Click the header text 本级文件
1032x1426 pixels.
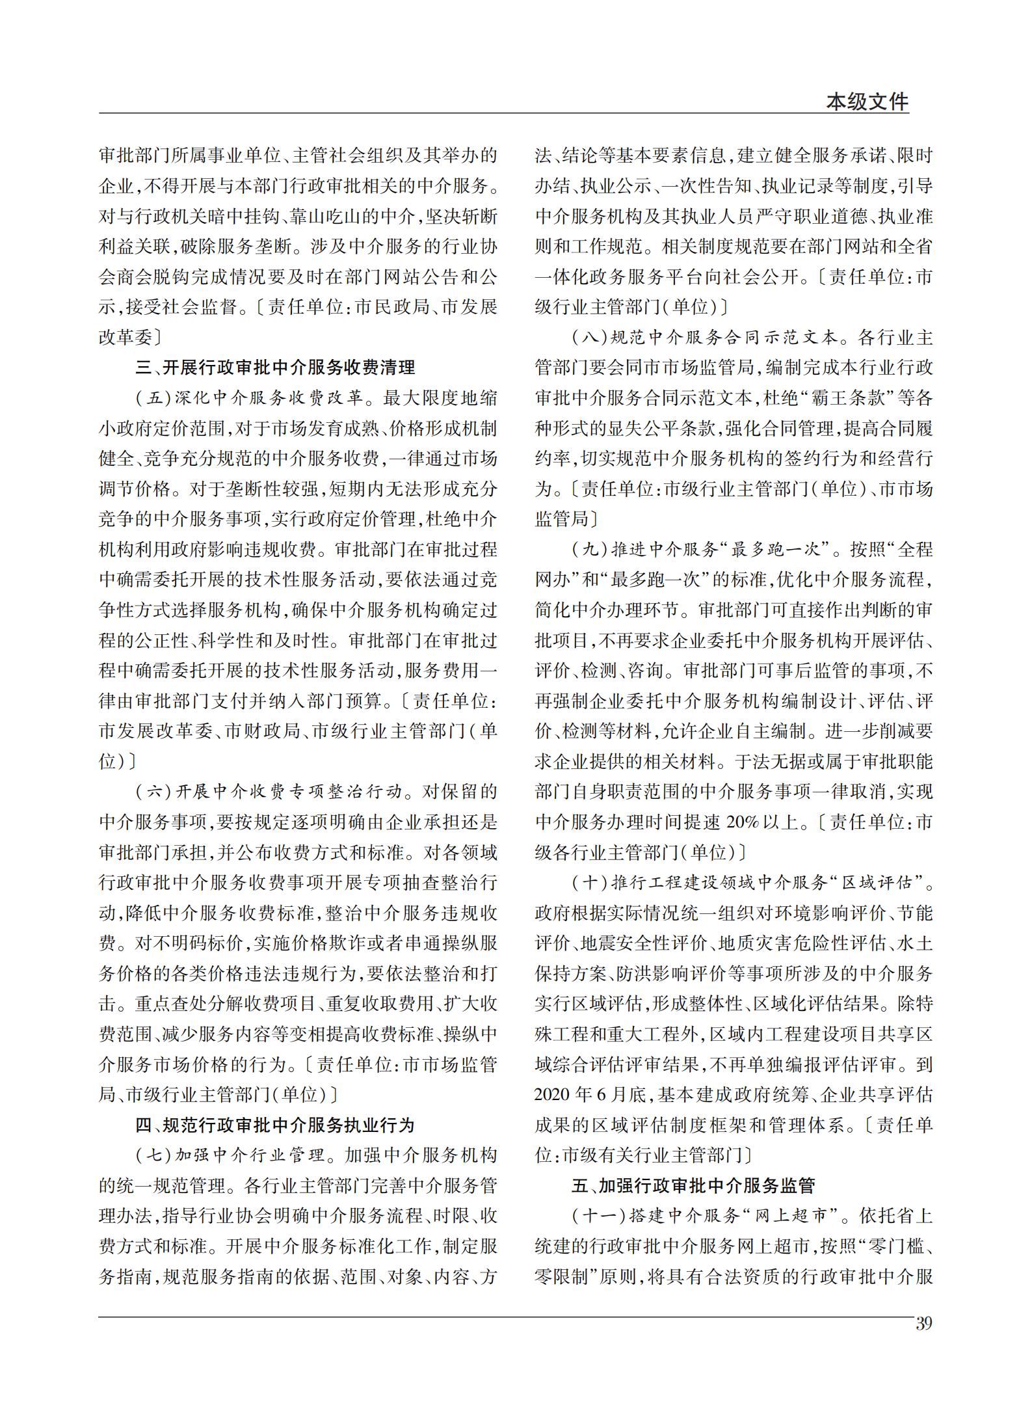coord(867,102)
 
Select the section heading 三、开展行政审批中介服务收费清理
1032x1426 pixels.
coord(275,368)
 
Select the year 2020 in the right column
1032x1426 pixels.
coord(553,1095)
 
